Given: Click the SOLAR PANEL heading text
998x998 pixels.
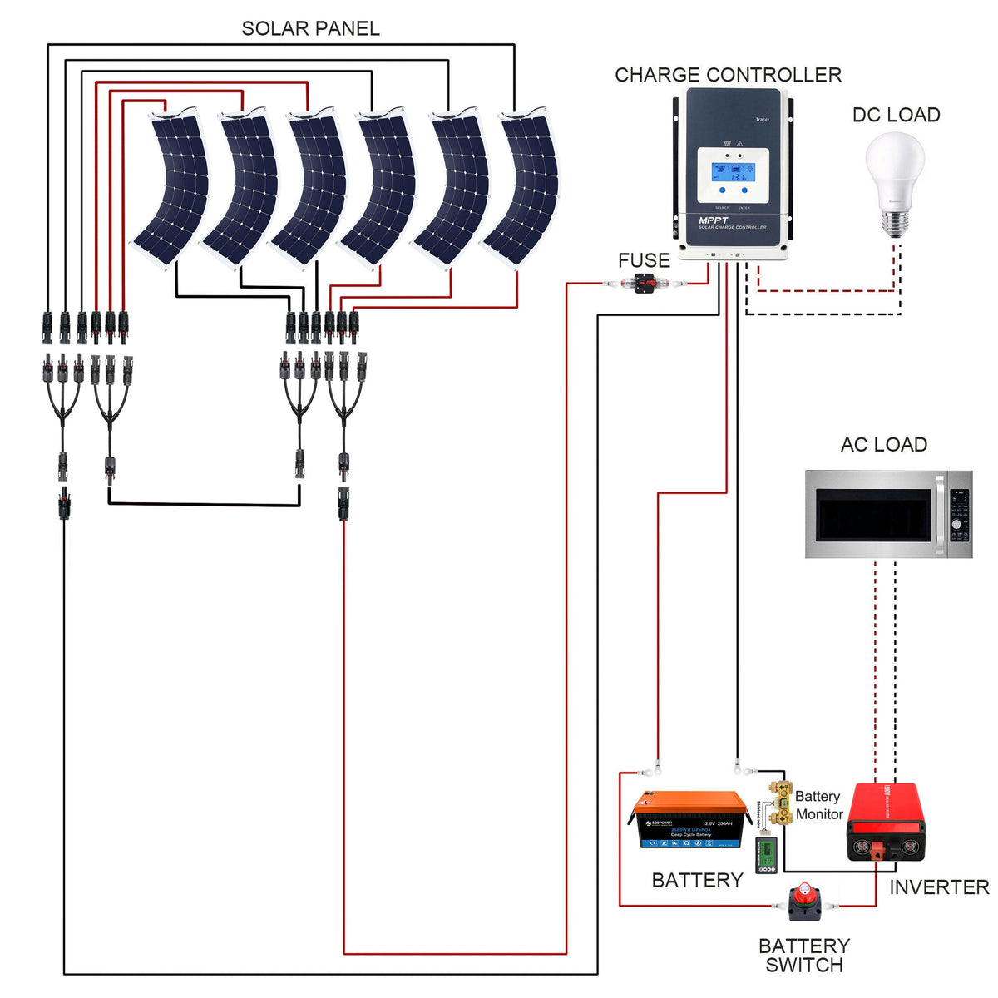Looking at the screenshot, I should click(310, 28).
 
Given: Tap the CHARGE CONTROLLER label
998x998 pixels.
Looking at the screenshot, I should click(728, 75).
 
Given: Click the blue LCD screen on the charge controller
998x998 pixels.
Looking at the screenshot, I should click(732, 172).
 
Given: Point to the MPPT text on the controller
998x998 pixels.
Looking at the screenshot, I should click(714, 220).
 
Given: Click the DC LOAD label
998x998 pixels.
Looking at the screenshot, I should click(896, 115).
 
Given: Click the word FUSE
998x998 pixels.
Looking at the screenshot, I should click(644, 260).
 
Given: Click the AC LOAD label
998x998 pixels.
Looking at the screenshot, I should click(883, 445).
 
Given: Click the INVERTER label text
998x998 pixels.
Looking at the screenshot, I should click(939, 887).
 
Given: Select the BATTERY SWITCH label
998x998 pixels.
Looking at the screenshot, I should click(803, 956).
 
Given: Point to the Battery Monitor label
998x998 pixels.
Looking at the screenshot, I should click(818, 805).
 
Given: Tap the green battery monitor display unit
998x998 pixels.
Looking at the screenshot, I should click(765, 856).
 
